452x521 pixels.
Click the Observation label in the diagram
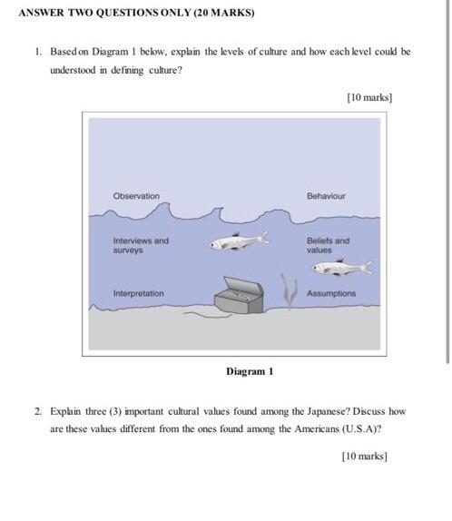[x=136, y=196]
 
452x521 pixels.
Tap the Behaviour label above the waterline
[x=326, y=196]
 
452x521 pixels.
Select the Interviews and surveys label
[x=141, y=245]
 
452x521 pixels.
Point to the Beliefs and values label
[x=328, y=245]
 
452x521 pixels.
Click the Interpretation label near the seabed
[x=138, y=294]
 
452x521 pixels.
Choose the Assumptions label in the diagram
[x=331, y=294]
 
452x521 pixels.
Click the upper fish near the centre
[x=239, y=241]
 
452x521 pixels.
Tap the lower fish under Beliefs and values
[x=342, y=268]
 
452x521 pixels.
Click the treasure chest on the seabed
[x=239, y=296]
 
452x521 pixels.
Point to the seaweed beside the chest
[x=289, y=290]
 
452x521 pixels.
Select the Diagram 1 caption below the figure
[x=250, y=371]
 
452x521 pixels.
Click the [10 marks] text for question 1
[x=369, y=98]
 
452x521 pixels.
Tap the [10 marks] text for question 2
[x=365, y=457]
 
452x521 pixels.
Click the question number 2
[x=38, y=412]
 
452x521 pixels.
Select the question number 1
[x=38, y=52]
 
